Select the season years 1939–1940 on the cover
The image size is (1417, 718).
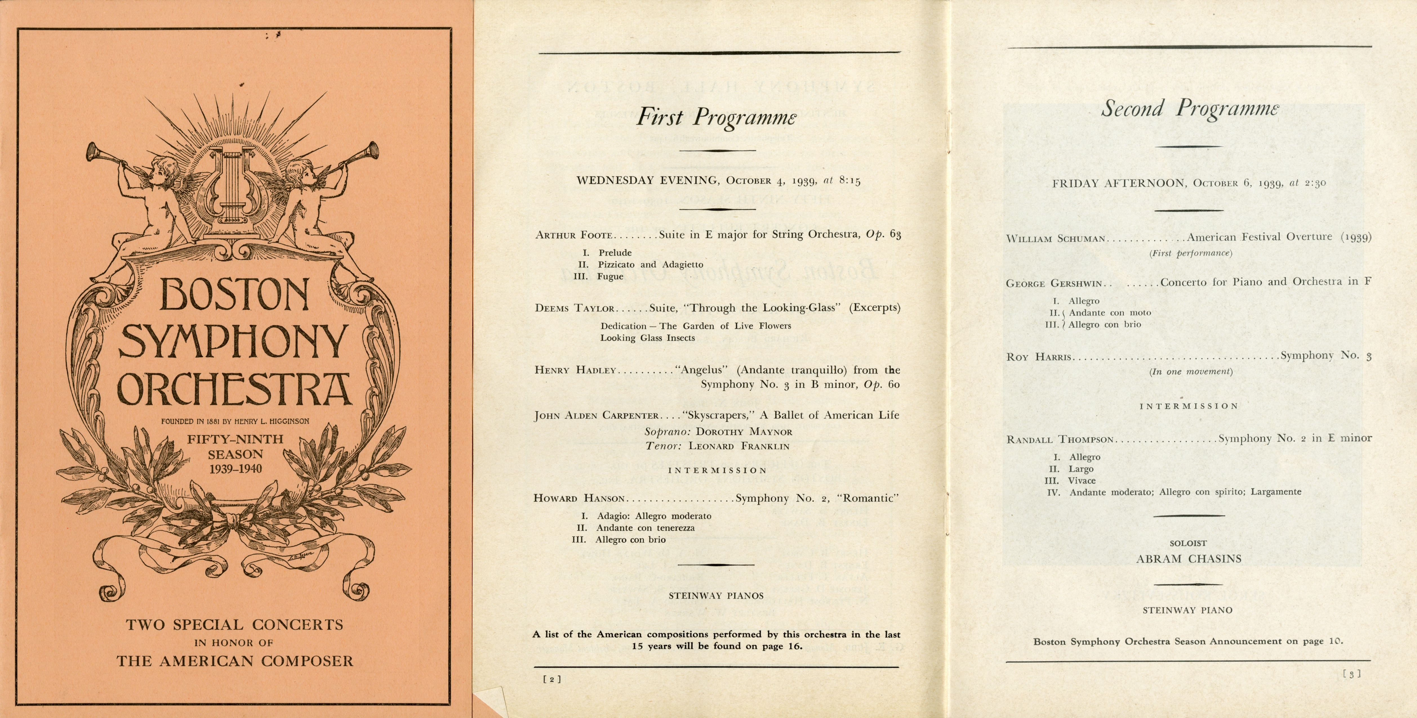point(235,469)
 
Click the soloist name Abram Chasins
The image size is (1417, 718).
point(1189,559)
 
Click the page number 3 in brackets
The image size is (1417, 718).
point(1352,674)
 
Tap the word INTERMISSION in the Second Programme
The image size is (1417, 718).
point(1188,406)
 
